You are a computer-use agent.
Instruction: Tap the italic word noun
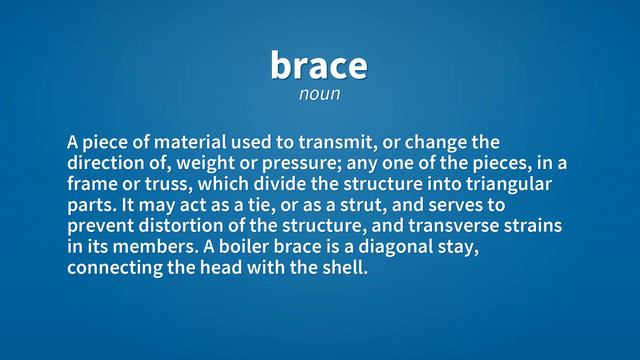pos(319,94)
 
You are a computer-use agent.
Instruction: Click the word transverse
pos(461,226)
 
